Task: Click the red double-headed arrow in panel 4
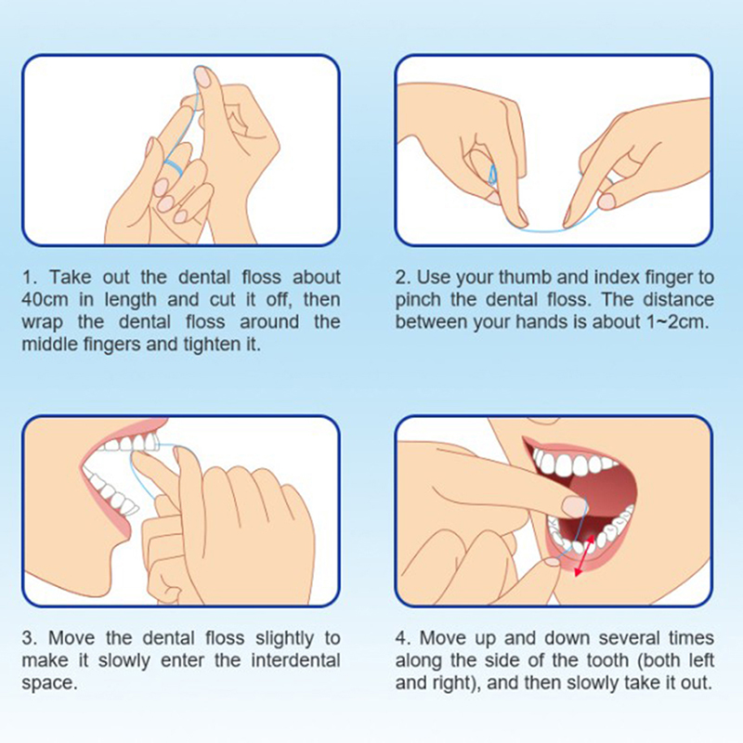coord(585,555)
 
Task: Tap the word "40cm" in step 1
coord(45,300)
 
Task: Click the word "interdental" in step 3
coord(295,660)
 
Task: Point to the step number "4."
coord(403,638)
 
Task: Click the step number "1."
coord(30,277)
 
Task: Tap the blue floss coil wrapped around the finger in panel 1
coord(173,166)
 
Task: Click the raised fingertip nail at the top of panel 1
coord(202,76)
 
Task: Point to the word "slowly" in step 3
coord(124,660)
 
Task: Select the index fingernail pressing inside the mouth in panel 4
coord(574,507)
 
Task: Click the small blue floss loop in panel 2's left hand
coord(493,174)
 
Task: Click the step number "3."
coord(30,638)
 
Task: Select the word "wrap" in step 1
coord(42,323)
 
